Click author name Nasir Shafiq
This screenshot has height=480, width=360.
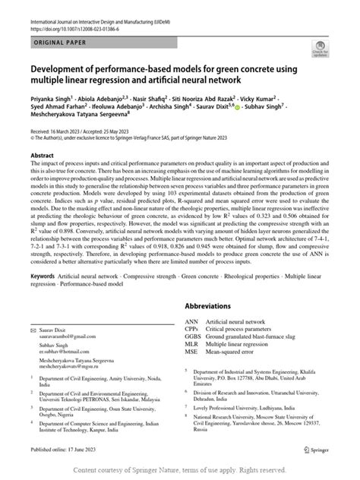click(x=149, y=99)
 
